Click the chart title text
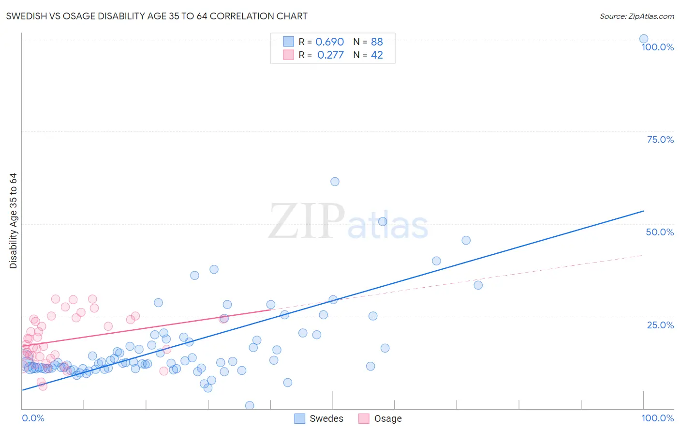pyautogui.click(x=157, y=16)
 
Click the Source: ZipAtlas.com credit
pyautogui.click(x=636, y=16)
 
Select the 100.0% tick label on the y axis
pyautogui.click(x=657, y=47)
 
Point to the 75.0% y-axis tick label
pyautogui.click(x=660, y=139)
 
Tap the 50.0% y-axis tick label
pyautogui.click(x=660, y=232)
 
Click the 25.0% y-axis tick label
pyautogui.click(x=660, y=324)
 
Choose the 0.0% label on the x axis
pyautogui.click(x=33, y=418)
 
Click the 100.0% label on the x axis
pyautogui.click(x=657, y=418)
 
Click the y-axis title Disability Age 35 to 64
pyautogui.click(x=13, y=221)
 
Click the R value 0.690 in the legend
pyautogui.click(x=329, y=42)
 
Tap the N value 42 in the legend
pyautogui.click(x=377, y=55)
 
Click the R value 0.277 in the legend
pyautogui.click(x=330, y=55)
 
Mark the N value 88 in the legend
pyautogui.click(x=377, y=42)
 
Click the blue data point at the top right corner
pyautogui.click(x=644, y=39)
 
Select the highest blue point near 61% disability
pyautogui.click(x=335, y=182)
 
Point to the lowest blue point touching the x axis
pyautogui.click(x=250, y=405)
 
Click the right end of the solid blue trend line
pyautogui.click(x=643, y=211)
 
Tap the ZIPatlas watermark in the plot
pyautogui.click(x=348, y=222)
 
